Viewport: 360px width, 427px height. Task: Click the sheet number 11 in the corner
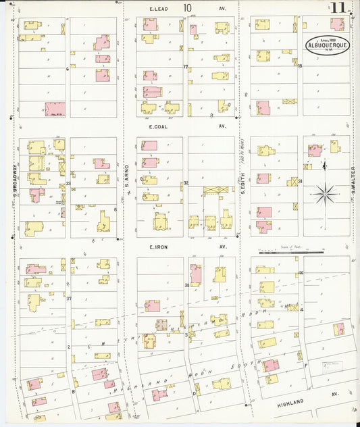tap(338, 8)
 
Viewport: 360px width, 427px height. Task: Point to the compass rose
tap(325, 193)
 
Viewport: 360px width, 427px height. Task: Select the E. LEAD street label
tap(159, 9)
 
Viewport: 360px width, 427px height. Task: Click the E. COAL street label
tap(158, 126)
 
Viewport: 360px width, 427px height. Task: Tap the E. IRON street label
tap(158, 247)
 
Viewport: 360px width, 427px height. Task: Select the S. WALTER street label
tap(353, 177)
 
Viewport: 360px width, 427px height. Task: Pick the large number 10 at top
tap(187, 7)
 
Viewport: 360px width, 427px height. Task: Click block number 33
tap(68, 183)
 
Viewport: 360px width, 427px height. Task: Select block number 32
tap(185, 183)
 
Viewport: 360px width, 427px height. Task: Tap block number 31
tap(300, 181)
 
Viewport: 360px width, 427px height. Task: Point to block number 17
tap(185, 66)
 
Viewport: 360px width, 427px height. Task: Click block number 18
tap(300, 66)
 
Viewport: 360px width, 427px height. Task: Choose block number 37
tap(68, 297)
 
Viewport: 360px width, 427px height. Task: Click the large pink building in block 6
tap(55, 109)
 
